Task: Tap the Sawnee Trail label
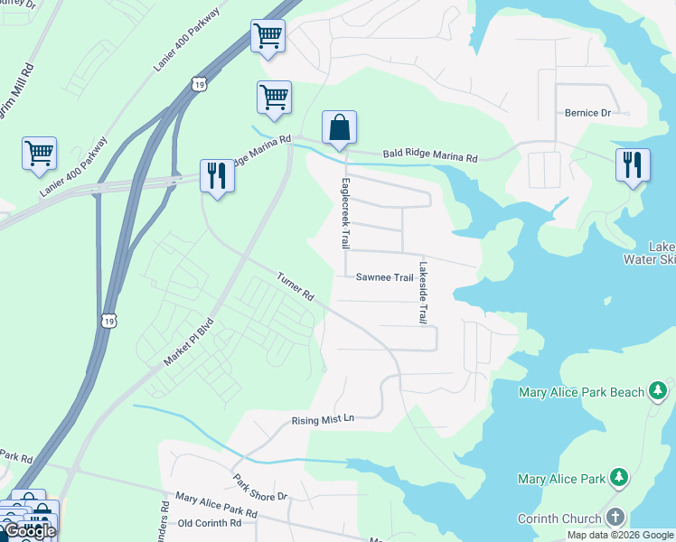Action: pyautogui.click(x=384, y=277)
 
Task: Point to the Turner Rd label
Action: pyautogui.click(x=296, y=287)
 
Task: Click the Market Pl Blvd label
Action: pyautogui.click(x=189, y=341)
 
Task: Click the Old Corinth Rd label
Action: pyautogui.click(x=210, y=523)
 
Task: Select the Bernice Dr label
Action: pyautogui.click(x=587, y=113)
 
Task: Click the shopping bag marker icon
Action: pyautogui.click(x=339, y=128)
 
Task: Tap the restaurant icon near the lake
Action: pyautogui.click(x=633, y=164)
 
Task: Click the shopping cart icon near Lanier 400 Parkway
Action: pyautogui.click(x=40, y=153)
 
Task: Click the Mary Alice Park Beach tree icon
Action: pyautogui.click(x=659, y=391)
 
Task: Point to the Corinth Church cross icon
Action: pyautogui.click(x=615, y=518)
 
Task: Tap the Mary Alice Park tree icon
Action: pyautogui.click(x=618, y=477)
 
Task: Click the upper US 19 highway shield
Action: pyautogui.click(x=198, y=84)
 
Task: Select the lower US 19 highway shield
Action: pyautogui.click(x=108, y=322)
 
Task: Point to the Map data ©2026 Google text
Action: pyautogui.click(x=619, y=535)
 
